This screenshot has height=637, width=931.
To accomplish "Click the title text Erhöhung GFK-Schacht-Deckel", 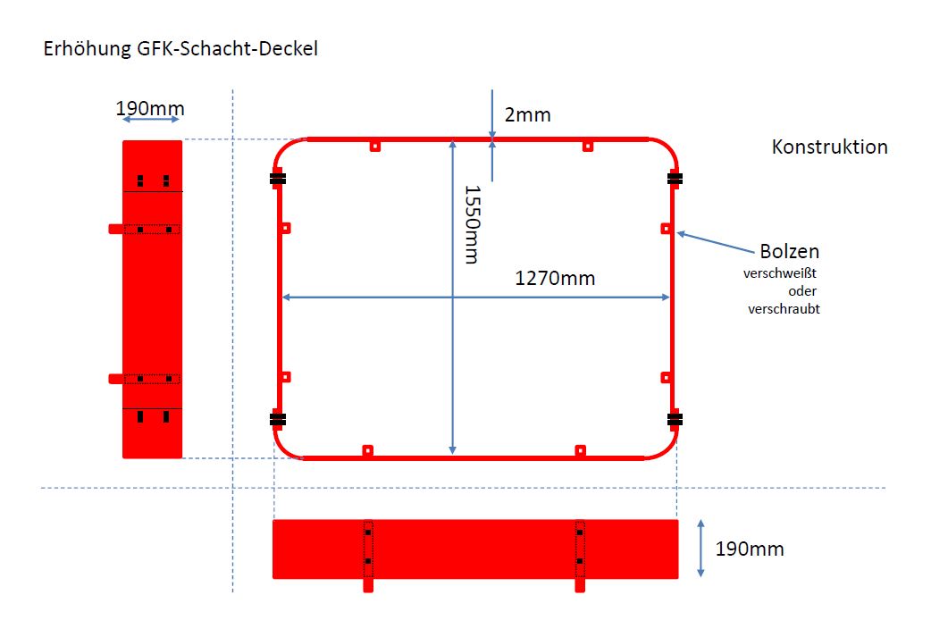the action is click(180, 48).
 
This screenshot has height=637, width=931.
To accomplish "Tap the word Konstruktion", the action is click(829, 147).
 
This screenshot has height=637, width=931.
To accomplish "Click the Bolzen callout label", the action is click(789, 251).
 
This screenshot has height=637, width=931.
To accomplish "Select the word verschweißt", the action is click(780, 273).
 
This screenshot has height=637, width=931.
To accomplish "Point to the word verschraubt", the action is click(784, 309).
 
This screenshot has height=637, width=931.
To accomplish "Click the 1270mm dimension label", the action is click(555, 278).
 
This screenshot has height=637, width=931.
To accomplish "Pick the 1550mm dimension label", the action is click(472, 224).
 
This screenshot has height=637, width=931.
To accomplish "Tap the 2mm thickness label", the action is click(528, 114).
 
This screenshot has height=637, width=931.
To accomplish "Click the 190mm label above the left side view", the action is click(150, 109).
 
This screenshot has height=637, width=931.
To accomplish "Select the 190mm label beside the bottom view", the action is click(750, 549).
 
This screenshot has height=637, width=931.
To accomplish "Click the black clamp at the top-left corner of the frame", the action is click(277, 179).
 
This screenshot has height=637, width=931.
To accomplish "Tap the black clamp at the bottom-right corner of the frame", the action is click(675, 419).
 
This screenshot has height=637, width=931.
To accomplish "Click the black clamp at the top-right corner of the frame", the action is click(675, 178).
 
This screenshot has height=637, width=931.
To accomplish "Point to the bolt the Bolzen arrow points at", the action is click(667, 229).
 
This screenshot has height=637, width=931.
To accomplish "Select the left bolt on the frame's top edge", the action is click(374, 146).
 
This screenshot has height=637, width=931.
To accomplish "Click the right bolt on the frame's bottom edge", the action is click(580, 450).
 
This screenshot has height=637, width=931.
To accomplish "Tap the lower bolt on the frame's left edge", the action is click(286, 377).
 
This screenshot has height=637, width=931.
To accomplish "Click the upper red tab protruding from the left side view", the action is click(116, 229).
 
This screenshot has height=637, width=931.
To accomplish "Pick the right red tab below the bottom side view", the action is click(580, 585).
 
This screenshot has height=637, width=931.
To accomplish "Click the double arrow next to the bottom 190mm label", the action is click(700, 549).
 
